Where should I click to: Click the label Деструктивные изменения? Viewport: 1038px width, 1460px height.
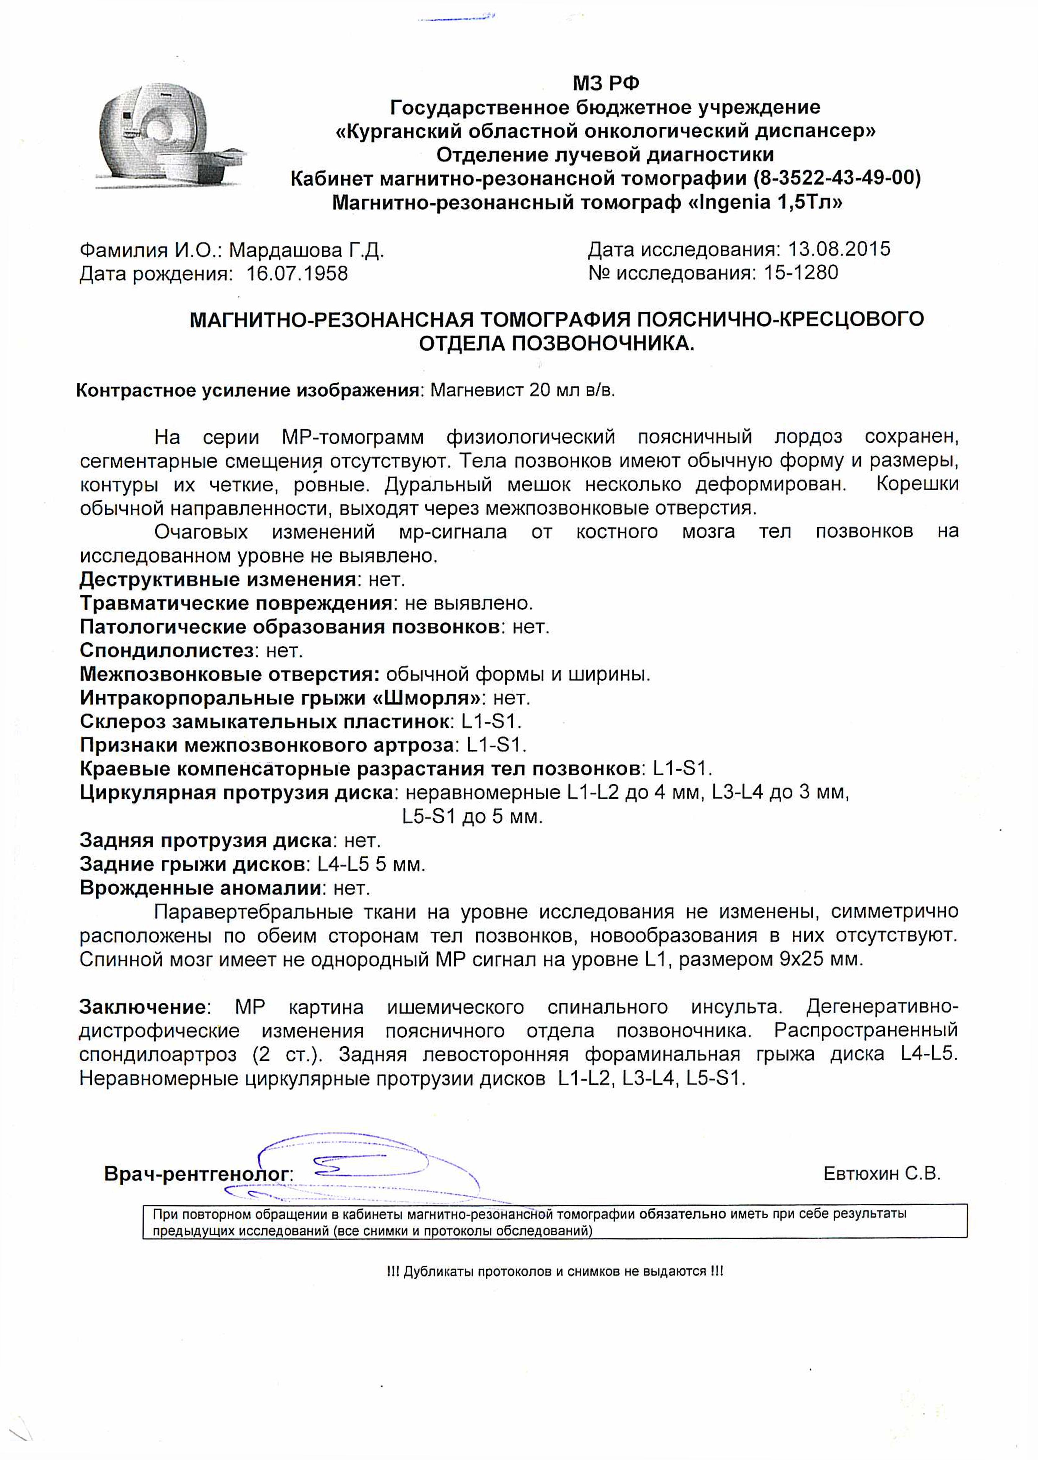(x=217, y=580)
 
